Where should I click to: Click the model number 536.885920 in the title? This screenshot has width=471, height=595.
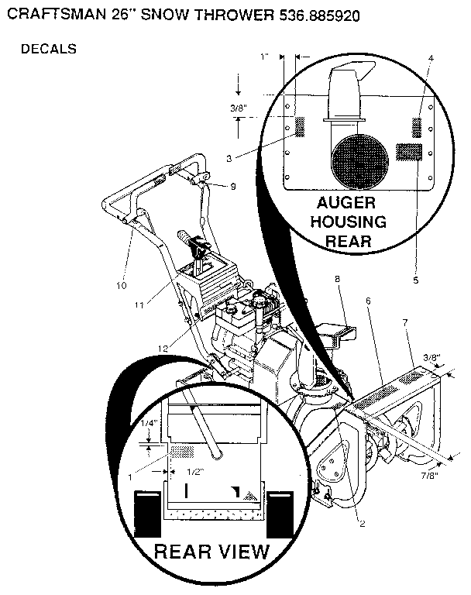tap(319, 15)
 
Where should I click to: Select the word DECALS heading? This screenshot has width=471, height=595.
tap(49, 49)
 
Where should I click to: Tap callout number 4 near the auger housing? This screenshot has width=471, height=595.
tap(431, 58)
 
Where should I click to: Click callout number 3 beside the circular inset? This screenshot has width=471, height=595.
tap(229, 159)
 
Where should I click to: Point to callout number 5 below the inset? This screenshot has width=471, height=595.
tap(415, 280)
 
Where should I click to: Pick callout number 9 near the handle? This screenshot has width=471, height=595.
tap(233, 186)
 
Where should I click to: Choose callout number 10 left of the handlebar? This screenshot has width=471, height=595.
tap(122, 285)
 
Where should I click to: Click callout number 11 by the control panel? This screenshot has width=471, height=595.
tap(139, 304)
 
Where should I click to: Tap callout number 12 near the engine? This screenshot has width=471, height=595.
tap(163, 349)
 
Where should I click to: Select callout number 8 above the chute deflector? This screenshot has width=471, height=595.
tap(338, 279)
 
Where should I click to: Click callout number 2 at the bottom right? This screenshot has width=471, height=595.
tap(362, 524)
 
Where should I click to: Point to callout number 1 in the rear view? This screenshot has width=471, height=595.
tap(130, 477)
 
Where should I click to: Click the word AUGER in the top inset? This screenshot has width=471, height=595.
tap(346, 203)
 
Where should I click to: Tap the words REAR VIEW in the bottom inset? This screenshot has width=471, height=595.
tap(211, 552)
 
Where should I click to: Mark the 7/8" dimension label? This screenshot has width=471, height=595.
tap(430, 476)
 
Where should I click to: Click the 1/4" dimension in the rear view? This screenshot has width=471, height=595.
tap(149, 423)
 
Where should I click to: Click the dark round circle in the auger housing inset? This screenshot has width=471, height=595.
tap(359, 161)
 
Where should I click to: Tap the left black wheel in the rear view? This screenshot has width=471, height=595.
tap(148, 514)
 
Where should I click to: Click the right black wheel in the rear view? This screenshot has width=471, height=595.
tap(280, 514)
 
